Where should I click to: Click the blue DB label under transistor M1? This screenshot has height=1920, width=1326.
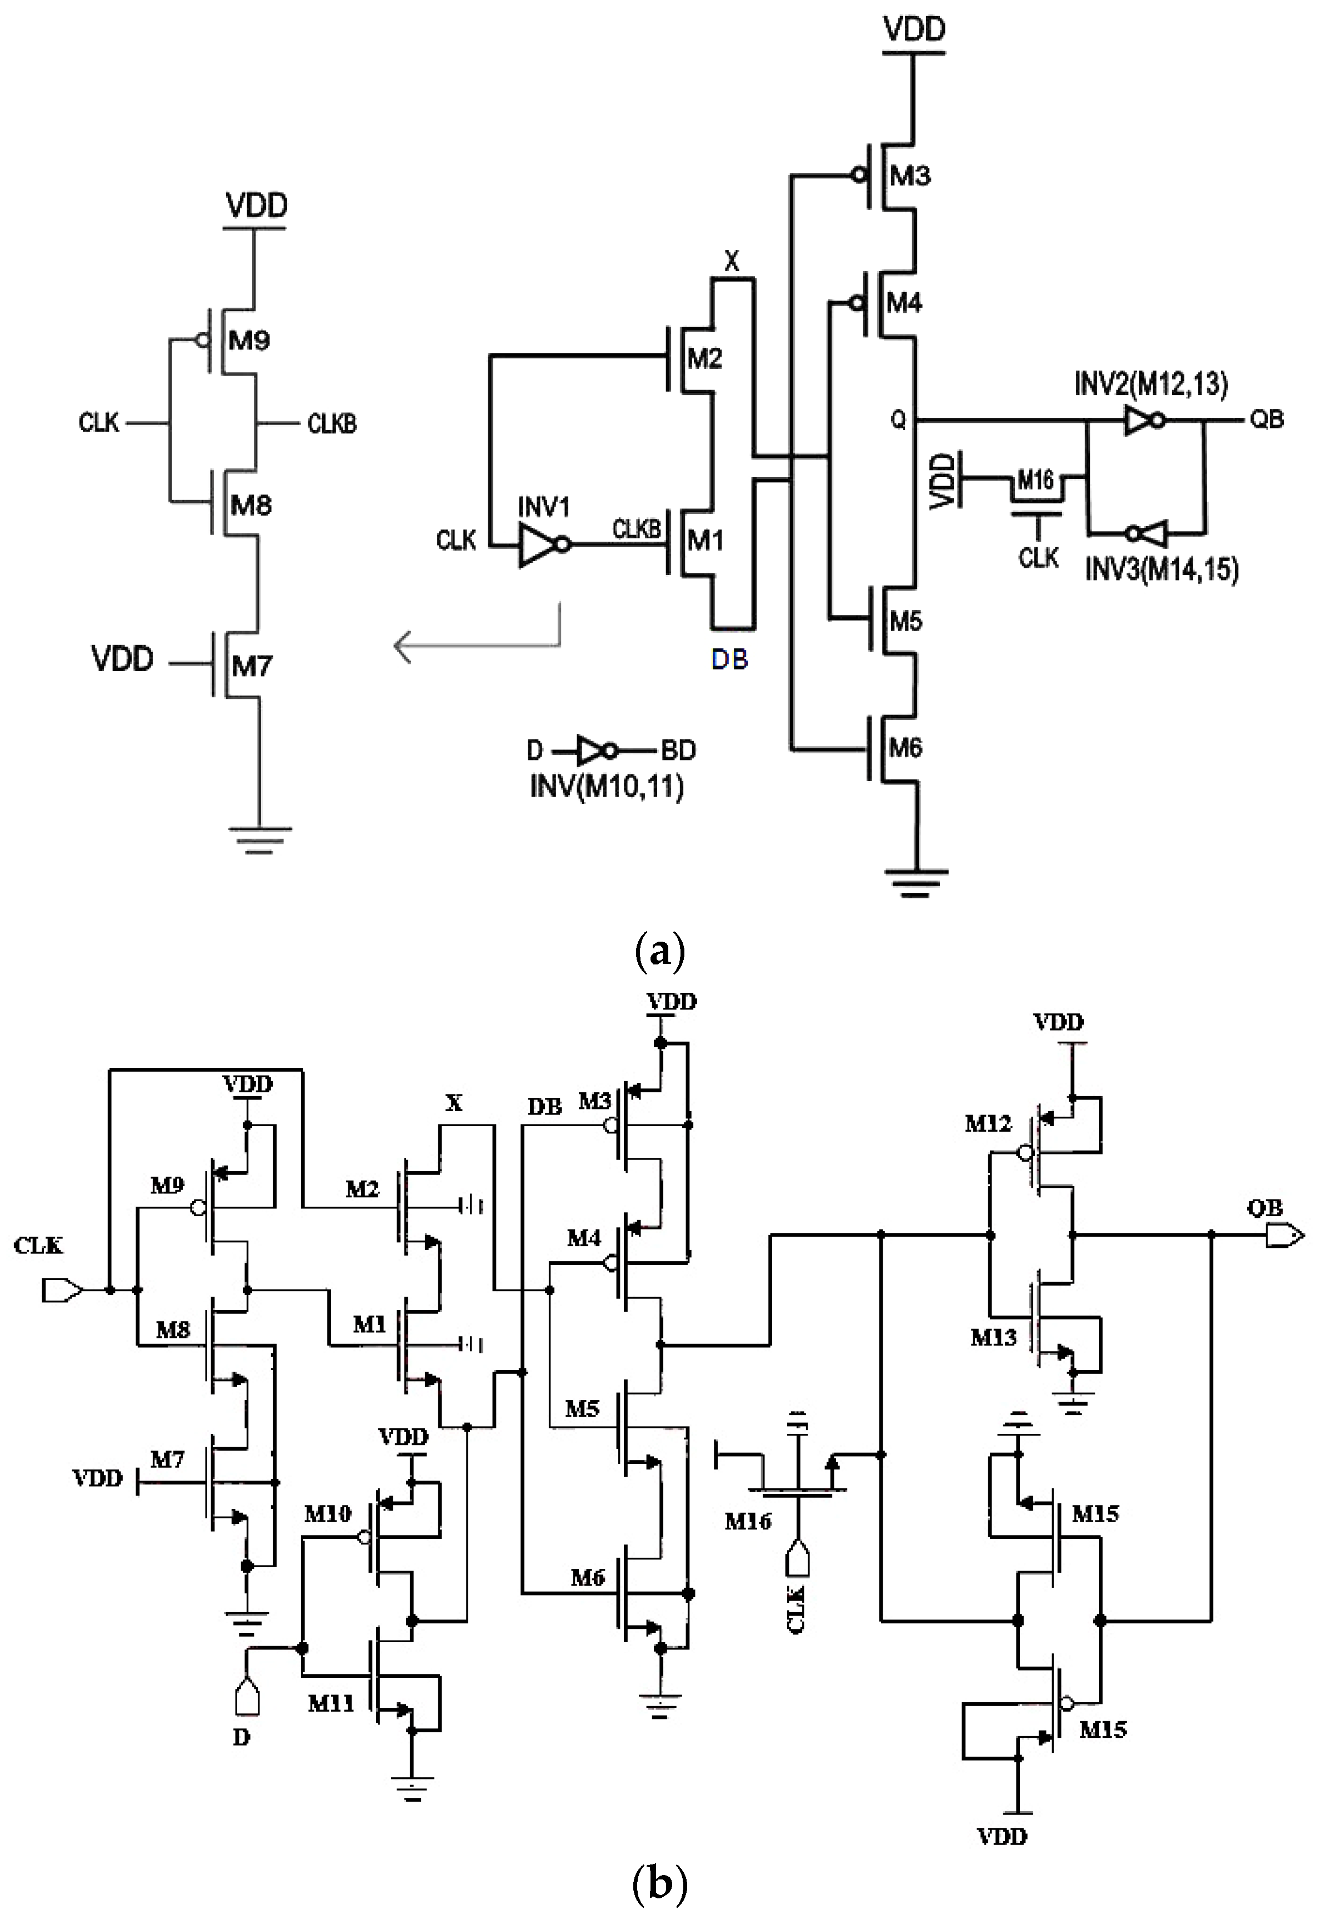[x=729, y=659]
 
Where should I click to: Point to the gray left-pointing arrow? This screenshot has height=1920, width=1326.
[x=478, y=644]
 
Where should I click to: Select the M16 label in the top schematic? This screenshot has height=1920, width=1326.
[x=1035, y=479]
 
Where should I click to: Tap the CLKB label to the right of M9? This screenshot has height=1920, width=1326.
[x=332, y=424]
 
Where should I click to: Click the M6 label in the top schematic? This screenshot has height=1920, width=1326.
[x=905, y=748]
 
